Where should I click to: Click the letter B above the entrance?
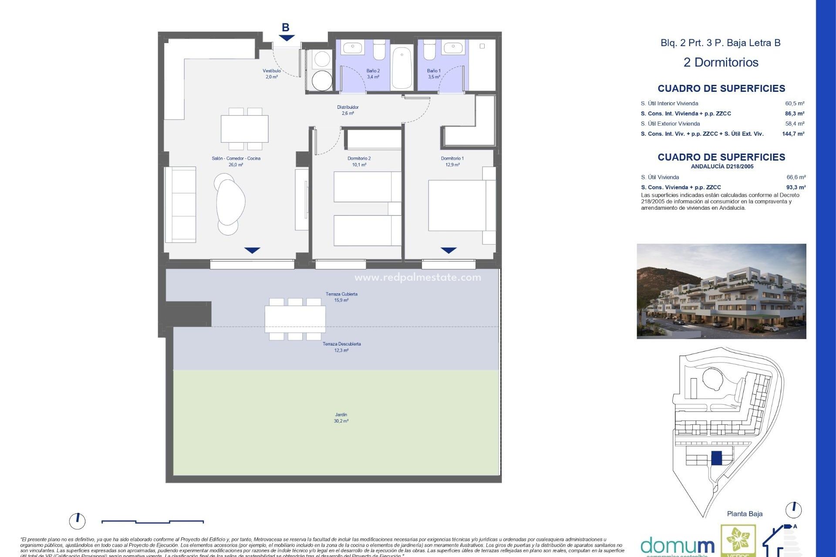(x=285, y=27)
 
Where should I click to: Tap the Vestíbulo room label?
(x=272, y=74)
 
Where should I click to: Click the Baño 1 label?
(x=434, y=74)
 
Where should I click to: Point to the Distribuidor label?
(x=347, y=110)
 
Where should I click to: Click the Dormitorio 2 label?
(x=359, y=161)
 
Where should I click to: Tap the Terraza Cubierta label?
(x=341, y=297)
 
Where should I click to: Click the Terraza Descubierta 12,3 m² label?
(x=341, y=347)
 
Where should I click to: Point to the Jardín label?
(x=341, y=418)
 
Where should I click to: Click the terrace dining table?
(x=295, y=319)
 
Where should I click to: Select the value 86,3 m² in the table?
(x=794, y=114)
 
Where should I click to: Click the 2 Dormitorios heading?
(x=721, y=62)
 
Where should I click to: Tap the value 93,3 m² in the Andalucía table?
(x=796, y=187)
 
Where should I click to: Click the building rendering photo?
(x=721, y=291)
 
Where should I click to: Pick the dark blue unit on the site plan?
(x=716, y=458)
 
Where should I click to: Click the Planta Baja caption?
(x=745, y=514)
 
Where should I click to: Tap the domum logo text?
(x=677, y=545)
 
